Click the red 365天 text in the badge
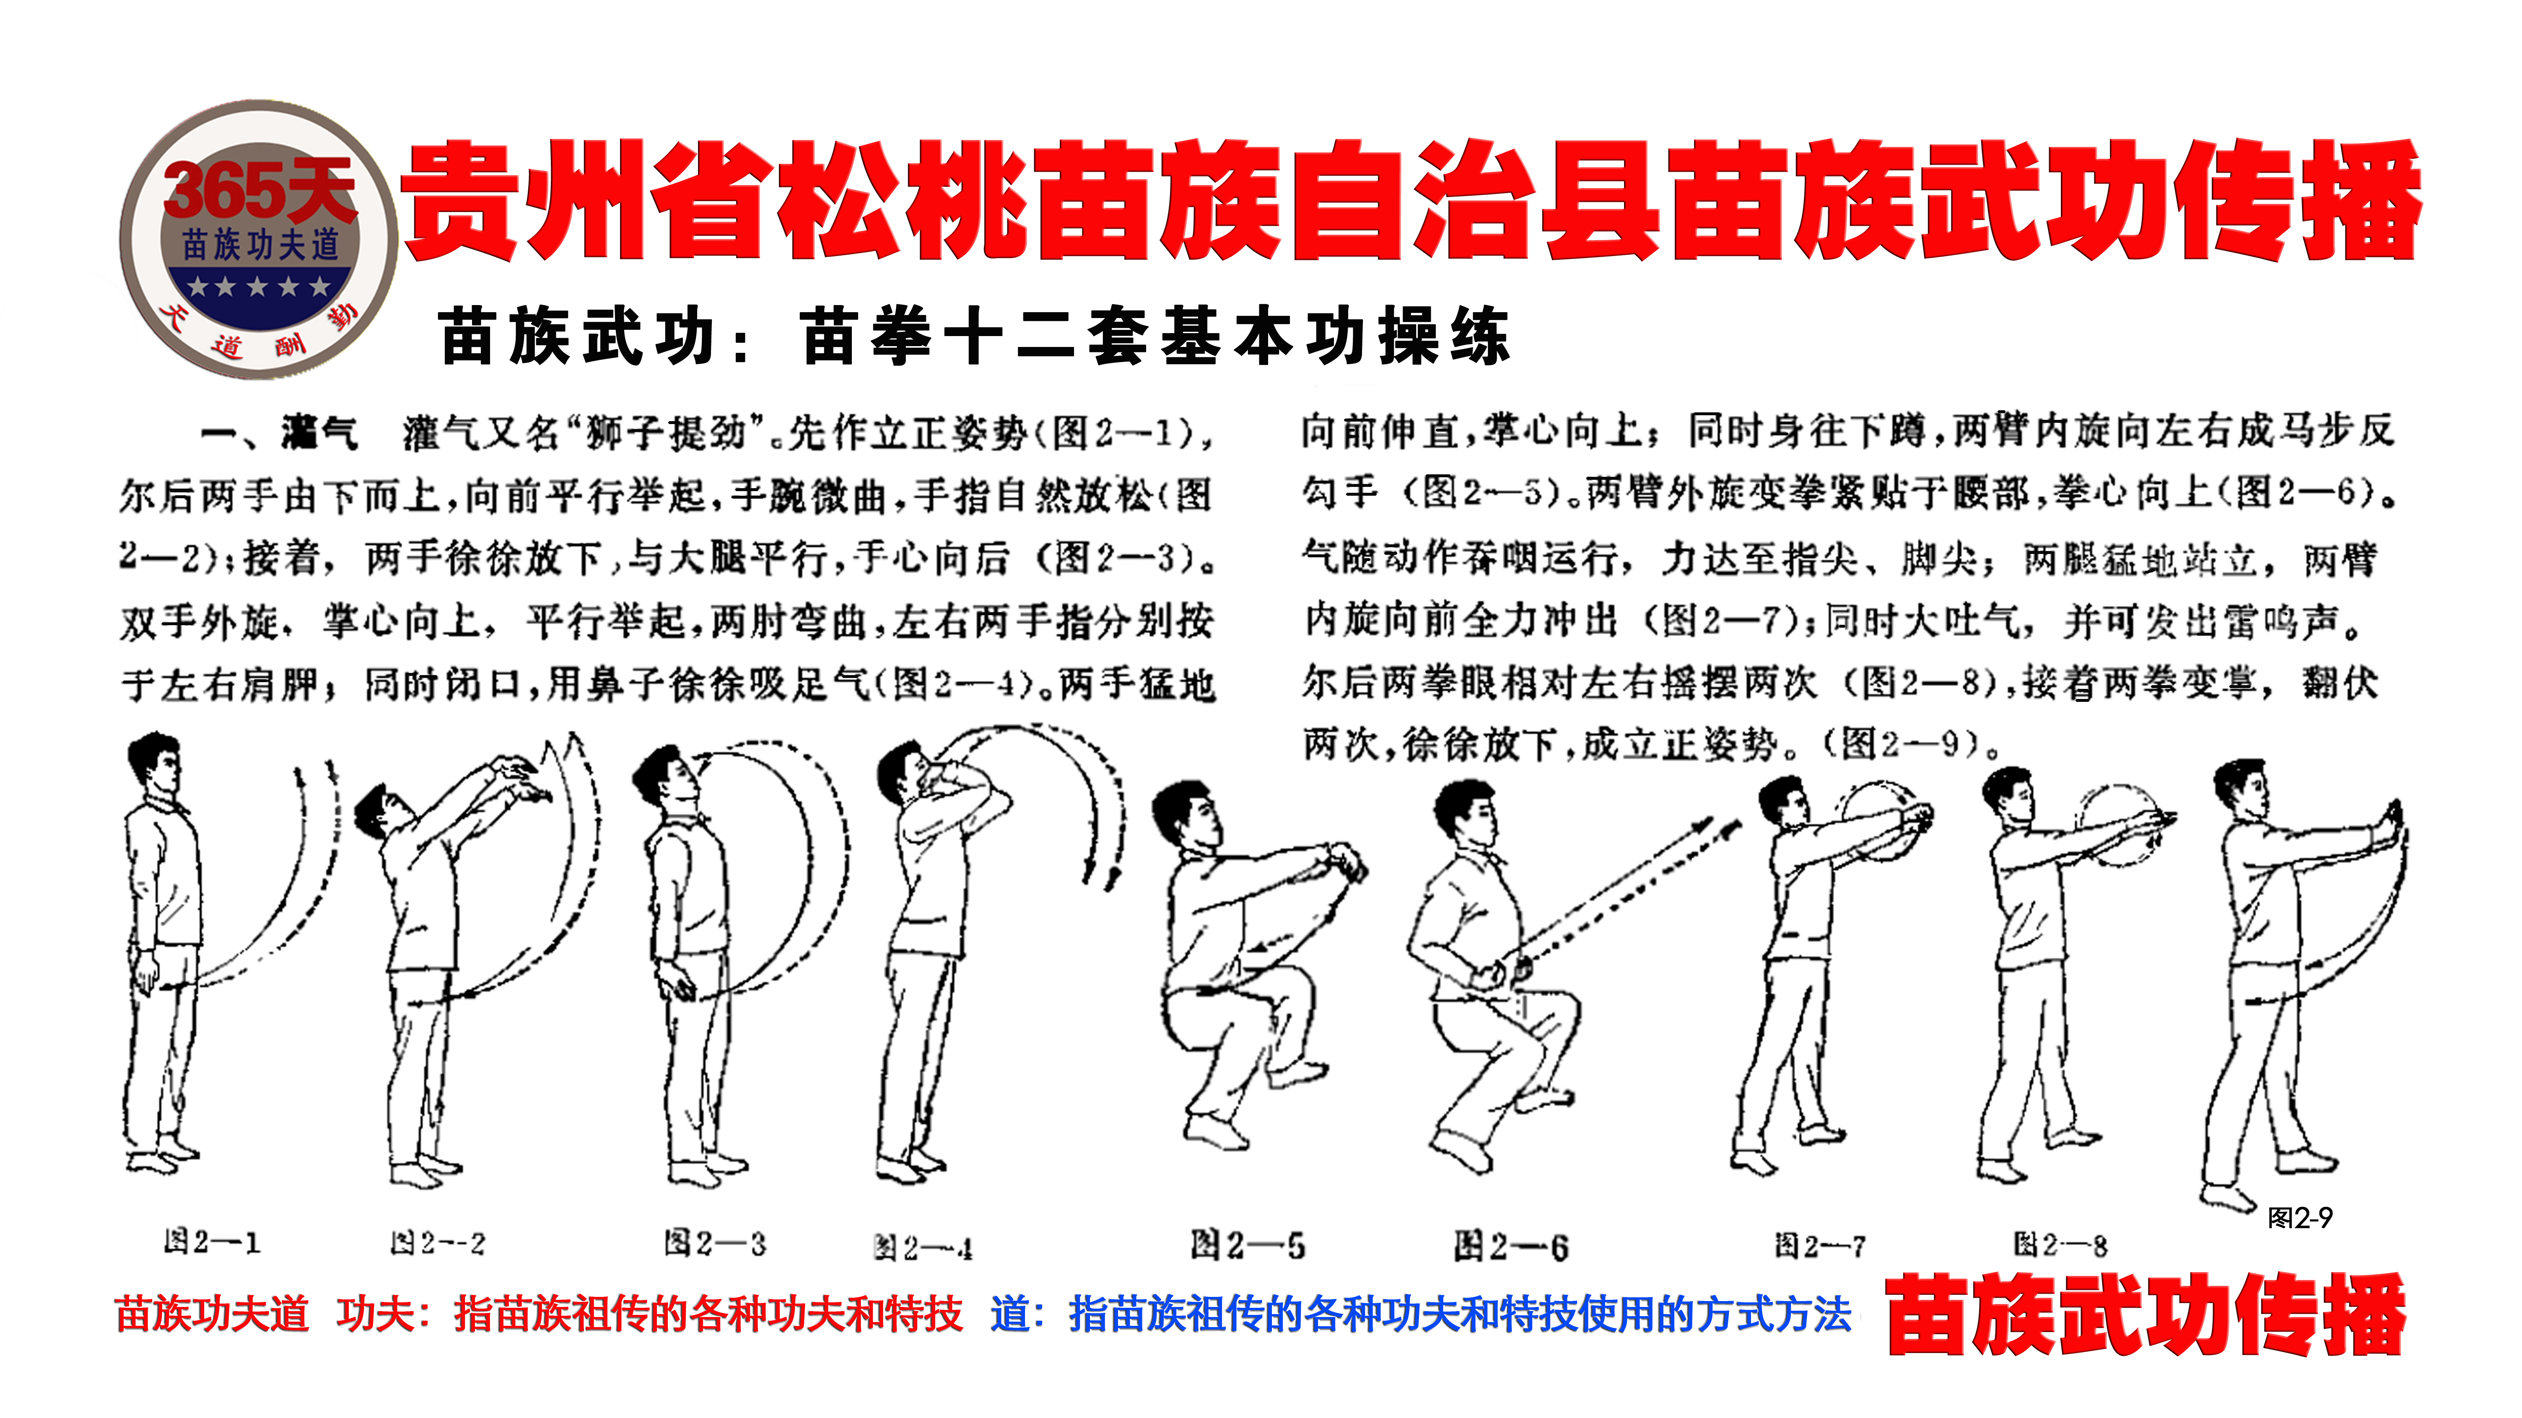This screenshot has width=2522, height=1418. pyautogui.click(x=259, y=191)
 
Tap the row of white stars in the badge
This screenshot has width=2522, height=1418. pyautogui.click(x=259, y=287)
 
